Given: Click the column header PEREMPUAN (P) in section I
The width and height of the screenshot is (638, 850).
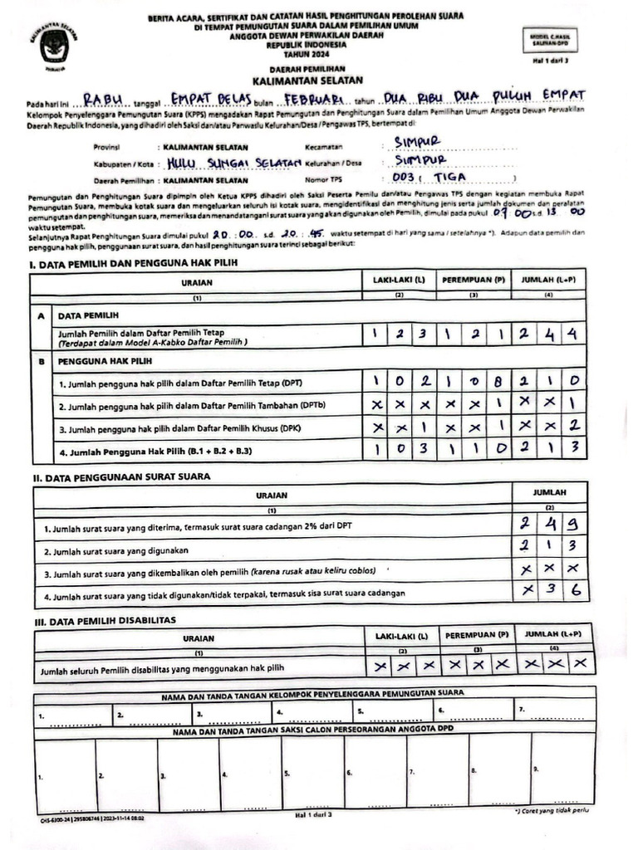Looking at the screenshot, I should (x=474, y=281).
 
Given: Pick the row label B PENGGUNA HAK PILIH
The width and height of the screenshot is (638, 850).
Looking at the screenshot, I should (x=105, y=362).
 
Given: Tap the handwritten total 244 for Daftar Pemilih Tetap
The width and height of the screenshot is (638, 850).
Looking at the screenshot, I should (x=550, y=335).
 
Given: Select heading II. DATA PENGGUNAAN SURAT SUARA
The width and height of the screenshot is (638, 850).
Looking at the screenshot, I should (x=121, y=476).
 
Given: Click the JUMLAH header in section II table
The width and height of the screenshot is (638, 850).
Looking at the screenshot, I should (x=550, y=492).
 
